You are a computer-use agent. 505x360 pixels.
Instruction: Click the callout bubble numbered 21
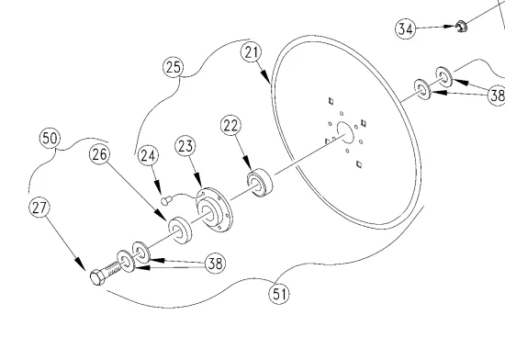click(252, 52)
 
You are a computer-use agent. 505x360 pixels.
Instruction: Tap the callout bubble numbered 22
click(230, 126)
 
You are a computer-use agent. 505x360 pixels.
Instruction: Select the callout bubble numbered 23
click(185, 147)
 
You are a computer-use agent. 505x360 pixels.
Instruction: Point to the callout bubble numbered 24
click(148, 156)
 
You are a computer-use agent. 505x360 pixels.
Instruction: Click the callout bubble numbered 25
click(173, 67)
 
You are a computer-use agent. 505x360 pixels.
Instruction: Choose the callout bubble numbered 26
click(99, 154)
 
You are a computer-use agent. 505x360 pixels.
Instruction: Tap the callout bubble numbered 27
click(39, 208)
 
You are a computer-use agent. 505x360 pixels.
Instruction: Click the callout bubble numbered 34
click(405, 29)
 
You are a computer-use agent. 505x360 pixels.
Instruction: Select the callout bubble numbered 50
click(50, 139)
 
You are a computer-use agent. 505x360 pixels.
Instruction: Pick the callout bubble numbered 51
click(279, 294)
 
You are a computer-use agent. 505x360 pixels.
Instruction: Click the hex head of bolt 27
click(97, 277)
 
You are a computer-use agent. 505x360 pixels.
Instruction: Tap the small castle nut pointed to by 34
click(461, 27)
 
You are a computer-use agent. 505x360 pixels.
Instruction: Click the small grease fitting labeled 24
click(165, 201)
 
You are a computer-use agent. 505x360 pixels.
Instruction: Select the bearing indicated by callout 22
click(260, 183)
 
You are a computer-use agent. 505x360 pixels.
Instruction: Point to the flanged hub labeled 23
click(214, 209)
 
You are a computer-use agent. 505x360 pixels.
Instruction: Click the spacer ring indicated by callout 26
click(180, 230)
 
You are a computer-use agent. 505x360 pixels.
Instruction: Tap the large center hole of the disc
click(345, 132)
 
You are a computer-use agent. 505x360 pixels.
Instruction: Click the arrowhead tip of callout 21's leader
click(270, 83)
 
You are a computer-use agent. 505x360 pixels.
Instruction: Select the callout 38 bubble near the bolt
click(215, 263)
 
